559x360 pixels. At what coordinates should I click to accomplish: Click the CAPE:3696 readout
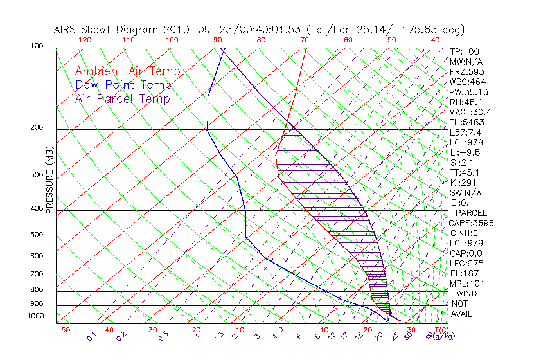(472, 223)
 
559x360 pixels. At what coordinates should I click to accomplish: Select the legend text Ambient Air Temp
(127, 71)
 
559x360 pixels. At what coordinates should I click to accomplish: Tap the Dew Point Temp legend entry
(123, 85)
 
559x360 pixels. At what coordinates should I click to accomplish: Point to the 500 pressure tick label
(37, 235)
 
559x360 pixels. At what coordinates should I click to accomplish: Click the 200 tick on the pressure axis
(37, 128)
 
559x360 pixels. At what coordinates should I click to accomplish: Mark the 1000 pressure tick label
(35, 316)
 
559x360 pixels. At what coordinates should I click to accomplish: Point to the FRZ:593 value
(467, 71)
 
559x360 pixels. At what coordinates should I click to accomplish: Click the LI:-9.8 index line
(465, 152)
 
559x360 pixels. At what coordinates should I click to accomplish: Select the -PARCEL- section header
(472, 213)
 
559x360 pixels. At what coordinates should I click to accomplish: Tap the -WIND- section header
(467, 293)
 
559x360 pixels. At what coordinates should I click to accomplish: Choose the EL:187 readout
(463, 273)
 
